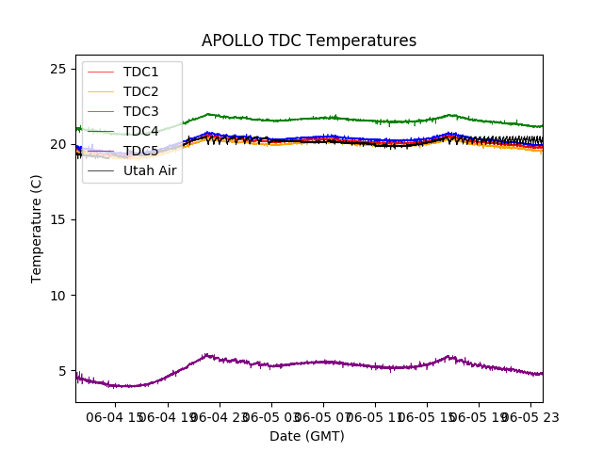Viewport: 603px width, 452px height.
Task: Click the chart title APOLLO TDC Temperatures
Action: tap(308, 40)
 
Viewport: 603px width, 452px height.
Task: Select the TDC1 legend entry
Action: tap(140, 72)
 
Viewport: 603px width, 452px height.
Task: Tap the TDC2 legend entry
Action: tap(140, 91)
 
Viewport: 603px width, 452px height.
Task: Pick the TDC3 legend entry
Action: tap(140, 111)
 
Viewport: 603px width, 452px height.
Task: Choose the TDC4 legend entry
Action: tap(140, 131)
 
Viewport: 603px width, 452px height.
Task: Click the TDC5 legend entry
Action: tap(140, 151)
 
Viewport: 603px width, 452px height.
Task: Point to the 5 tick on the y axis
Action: tap(61, 371)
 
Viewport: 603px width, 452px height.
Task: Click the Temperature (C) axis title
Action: tap(37, 228)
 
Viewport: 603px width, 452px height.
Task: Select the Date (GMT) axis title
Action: tap(307, 436)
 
